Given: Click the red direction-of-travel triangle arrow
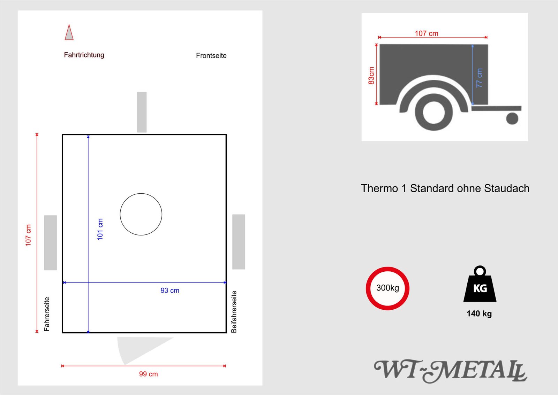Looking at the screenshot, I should (x=69, y=33).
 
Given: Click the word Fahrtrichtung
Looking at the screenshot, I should (x=84, y=55).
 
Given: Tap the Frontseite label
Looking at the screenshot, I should (x=211, y=56).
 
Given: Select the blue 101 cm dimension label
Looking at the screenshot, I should (x=100, y=229).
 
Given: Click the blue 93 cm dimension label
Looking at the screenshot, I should (x=170, y=291).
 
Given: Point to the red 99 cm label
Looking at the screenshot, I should (x=148, y=374).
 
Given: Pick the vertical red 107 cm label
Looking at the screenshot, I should (x=28, y=235).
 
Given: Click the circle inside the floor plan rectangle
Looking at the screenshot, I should (x=141, y=214).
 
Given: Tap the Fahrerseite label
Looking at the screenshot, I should (x=47, y=314).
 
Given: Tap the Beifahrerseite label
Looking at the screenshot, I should (x=234, y=312).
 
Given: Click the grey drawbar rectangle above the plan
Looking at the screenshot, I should (x=142, y=112).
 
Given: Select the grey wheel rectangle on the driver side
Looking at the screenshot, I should (x=50, y=242).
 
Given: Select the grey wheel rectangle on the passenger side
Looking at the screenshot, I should (x=239, y=242).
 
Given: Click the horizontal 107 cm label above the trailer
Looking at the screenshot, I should (x=426, y=33).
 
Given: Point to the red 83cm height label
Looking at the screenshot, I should (x=371, y=75).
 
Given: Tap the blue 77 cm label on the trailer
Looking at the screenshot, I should (x=479, y=78).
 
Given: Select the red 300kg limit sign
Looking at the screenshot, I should (x=387, y=288).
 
